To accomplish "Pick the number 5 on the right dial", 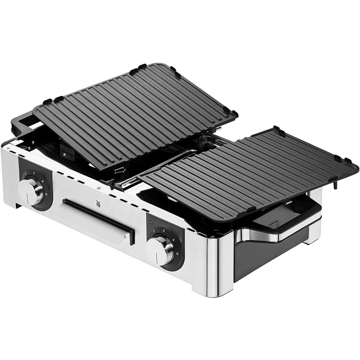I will (178, 253).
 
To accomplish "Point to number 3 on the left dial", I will (34, 173).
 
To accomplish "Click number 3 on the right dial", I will (164, 229).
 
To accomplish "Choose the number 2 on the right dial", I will (154, 231).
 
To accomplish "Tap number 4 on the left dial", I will (42, 181).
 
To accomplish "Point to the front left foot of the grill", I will (16, 204).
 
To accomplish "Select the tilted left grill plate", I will (134, 112).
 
